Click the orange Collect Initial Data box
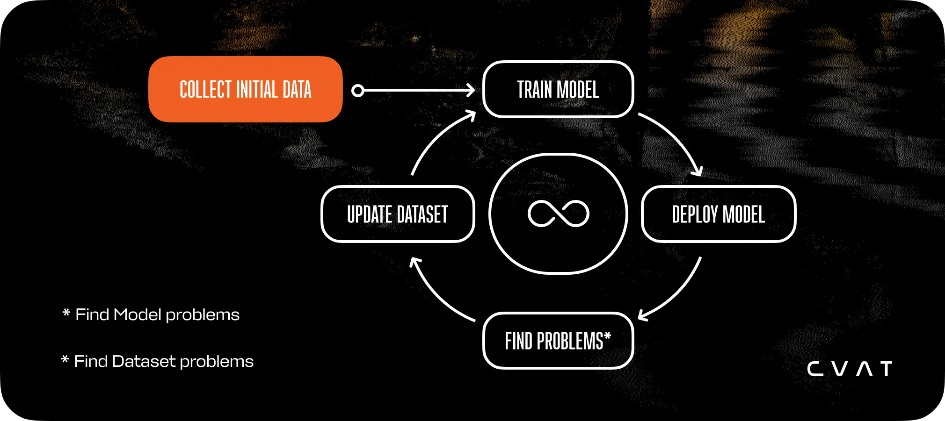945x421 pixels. [245, 89]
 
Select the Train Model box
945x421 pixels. [558, 89]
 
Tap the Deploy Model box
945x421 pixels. [718, 214]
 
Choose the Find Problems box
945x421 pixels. [558, 341]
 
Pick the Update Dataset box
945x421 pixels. [398, 214]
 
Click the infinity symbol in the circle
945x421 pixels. [558, 214]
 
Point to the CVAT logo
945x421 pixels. [850, 369]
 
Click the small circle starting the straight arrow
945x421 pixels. [358, 91]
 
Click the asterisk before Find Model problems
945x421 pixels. [66, 313]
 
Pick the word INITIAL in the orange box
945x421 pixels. [257, 90]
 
